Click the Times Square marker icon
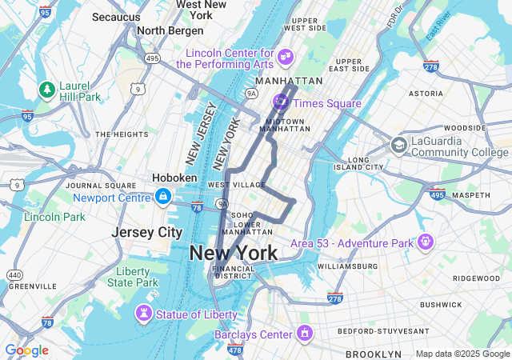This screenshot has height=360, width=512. (281, 102)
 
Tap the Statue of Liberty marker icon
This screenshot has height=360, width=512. (143, 314)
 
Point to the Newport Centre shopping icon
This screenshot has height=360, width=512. (162, 197)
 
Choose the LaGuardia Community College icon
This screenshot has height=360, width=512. (398, 145)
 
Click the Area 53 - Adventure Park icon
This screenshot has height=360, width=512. (425, 241)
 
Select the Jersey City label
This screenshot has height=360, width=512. (147, 232)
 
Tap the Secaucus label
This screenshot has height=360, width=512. (116, 17)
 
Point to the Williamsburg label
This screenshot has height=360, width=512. (347, 266)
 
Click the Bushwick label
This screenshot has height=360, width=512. (441, 305)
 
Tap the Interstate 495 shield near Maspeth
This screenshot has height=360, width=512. (437, 194)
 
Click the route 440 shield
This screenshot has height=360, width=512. (15, 275)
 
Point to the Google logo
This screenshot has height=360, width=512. (26, 350)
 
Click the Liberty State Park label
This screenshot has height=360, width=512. (133, 277)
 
